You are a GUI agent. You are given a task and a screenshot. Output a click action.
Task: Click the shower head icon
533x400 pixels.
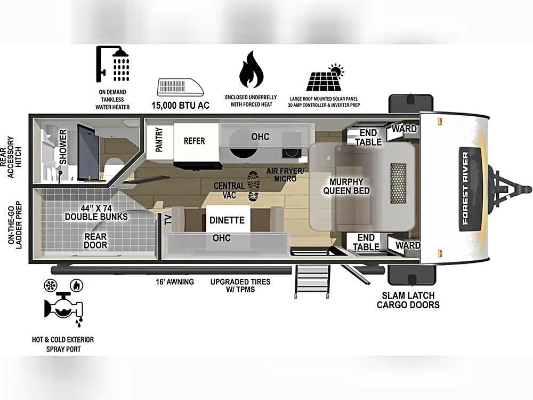[112, 65]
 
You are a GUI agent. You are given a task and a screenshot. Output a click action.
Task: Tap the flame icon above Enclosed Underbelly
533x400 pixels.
[251, 70]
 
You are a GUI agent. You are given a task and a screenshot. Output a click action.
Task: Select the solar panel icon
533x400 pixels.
[325, 77]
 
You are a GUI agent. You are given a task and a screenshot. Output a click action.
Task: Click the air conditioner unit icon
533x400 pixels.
[181, 87]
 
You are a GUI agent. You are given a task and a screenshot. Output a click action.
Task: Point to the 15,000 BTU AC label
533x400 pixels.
[181, 106]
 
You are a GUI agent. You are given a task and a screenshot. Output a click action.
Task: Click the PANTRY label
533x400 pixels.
[159, 139]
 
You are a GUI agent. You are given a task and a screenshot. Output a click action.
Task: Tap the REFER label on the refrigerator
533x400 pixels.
[195, 141]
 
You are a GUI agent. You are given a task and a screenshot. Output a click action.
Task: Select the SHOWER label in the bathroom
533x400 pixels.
[63, 147]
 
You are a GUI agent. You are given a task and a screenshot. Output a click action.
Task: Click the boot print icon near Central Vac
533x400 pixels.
[254, 186]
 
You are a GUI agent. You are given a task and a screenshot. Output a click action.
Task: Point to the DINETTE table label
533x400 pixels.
[227, 220]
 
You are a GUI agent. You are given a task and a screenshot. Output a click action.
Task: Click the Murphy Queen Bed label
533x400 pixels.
[346, 186]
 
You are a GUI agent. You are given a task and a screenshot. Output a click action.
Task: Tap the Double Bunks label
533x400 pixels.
[96, 213]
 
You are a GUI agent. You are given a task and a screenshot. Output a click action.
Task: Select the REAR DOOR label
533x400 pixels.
[95, 241]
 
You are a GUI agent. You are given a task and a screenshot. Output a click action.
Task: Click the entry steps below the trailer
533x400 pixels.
[312, 282]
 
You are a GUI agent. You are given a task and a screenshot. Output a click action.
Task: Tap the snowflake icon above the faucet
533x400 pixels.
[51, 285]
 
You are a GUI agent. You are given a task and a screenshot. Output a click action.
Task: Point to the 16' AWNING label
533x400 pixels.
[175, 282]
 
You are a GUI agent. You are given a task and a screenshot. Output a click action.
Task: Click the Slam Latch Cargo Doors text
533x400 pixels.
[408, 300]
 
